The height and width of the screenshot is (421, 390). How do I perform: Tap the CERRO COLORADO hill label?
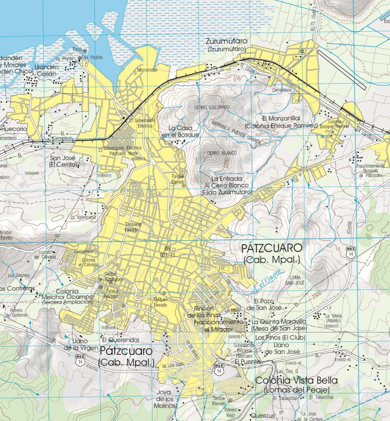tap(211, 107)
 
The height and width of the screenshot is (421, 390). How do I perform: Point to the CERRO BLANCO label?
tap(222, 153)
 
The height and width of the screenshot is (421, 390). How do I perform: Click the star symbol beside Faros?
tap(85, 51)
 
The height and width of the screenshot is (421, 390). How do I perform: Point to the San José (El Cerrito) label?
tap(63, 161)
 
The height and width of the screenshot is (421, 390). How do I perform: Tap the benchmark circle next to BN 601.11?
tap(174, 249)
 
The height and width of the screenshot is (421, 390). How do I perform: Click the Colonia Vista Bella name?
tap(296, 380)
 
